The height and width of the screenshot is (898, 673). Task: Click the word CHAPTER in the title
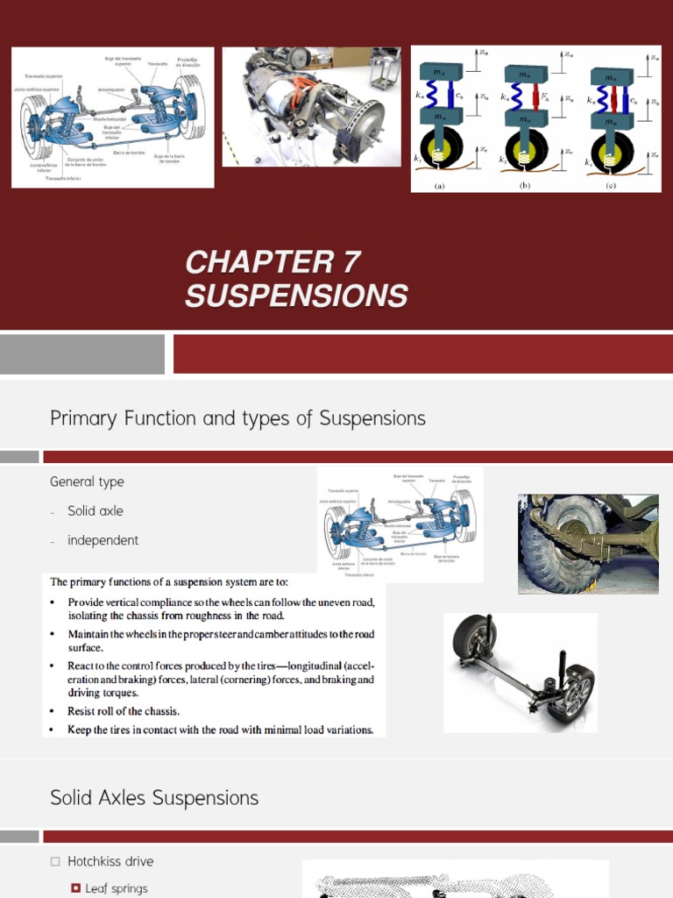point(251,262)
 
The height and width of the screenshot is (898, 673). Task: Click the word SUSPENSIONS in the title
point(296,296)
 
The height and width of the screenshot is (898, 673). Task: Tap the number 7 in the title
point(344,262)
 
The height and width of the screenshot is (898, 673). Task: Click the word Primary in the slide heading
point(82,419)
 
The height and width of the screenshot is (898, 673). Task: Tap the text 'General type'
point(87,481)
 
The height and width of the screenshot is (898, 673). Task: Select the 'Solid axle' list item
point(95,510)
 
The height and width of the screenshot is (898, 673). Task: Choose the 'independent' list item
point(103,540)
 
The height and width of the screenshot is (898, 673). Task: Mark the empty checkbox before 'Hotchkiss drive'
point(55,861)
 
